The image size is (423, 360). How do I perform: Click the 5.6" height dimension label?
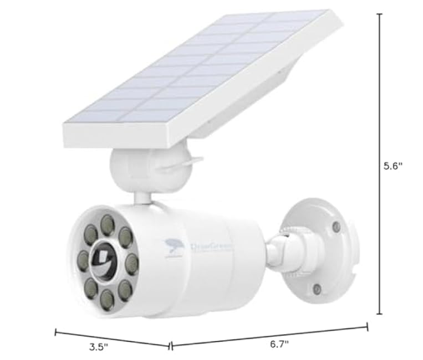click(x=393, y=166)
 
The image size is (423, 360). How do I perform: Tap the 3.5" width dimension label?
click(x=98, y=347)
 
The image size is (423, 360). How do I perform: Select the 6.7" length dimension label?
click(x=280, y=344)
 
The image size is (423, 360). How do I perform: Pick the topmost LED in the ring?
click(x=106, y=224)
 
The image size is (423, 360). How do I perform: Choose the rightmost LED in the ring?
click(x=131, y=260)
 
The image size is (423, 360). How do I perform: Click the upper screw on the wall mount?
click(x=335, y=227)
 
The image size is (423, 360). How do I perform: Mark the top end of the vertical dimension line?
click(x=380, y=13)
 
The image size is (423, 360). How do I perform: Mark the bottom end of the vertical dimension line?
click(x=380, y=313)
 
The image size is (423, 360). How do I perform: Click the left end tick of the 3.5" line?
click(x=55, y=332)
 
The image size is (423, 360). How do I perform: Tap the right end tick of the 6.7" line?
click(x=367, y=326)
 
